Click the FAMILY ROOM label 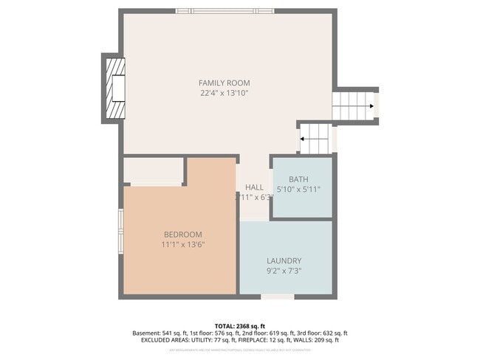pos(224,83)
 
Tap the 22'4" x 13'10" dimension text pos(224,94)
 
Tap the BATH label pos(298,179)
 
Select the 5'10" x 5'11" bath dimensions pos(298,190)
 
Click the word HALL pos(254,187)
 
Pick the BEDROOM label pos(182,234)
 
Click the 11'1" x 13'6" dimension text pos(182,244)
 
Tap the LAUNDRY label pos(284,260)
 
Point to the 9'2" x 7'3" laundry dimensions pos(284,271)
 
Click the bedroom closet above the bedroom pos(153,171)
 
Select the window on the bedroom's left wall pos(120,232)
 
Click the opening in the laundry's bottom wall pos(277,297)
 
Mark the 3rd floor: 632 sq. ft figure pos(318,333)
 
